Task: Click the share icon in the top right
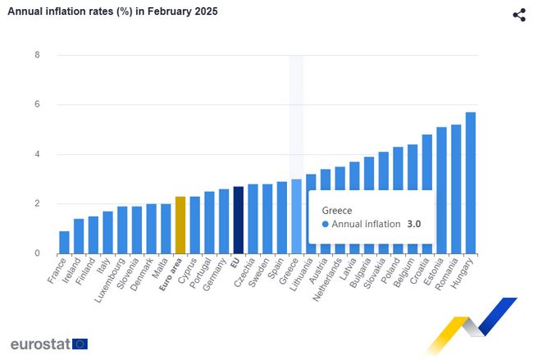click(x=518, y=15)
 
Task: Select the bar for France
click(x=64, y=243)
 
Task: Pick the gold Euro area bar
click(x=180, y=226)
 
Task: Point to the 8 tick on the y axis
click(x=37, y=55)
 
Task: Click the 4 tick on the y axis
click(x=37, y=154)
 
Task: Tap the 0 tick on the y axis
click(x=37, y=253)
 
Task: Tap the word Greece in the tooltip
click(x=337, y=210)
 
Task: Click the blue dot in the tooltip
click(x=326, y=224)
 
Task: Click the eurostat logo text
click(x=39, y=344)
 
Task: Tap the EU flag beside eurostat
click(x=80, y=344)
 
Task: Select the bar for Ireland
click(x=79, y=236)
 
